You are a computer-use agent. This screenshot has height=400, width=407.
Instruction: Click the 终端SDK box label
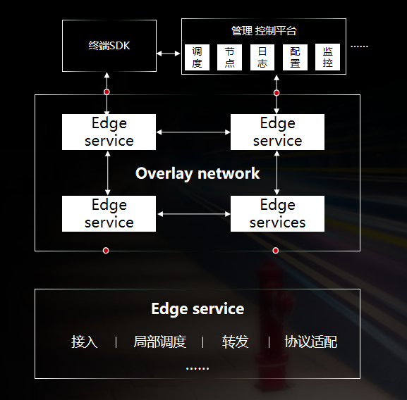109,46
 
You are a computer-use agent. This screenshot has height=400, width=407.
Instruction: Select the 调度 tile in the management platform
197,57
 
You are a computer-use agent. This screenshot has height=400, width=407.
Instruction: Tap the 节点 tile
229,57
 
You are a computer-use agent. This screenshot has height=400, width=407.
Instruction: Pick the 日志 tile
262,57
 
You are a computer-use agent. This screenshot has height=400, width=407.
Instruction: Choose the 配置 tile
295,57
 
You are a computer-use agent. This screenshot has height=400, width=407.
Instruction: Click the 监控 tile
327,57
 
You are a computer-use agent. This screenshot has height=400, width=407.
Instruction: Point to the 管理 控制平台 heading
264,31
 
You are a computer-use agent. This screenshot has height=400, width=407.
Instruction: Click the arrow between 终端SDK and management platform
169,54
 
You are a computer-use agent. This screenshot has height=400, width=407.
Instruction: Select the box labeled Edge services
277,213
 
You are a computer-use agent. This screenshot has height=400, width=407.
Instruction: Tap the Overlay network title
198,173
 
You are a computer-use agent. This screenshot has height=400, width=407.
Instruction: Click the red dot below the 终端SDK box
107,92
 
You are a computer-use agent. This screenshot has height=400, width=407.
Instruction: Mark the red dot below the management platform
277,93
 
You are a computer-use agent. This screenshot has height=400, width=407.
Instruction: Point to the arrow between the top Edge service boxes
193,132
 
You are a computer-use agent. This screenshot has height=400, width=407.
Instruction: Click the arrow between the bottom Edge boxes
194,214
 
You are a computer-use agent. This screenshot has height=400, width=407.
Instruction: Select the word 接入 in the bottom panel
85,342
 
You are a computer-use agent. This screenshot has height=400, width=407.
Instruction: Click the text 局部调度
160,342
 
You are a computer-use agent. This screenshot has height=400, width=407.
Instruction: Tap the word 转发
235,342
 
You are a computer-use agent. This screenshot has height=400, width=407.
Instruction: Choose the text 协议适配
310,342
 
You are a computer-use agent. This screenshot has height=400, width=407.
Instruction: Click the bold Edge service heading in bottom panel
198,309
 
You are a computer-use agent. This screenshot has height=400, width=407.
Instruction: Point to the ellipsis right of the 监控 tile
360,46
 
